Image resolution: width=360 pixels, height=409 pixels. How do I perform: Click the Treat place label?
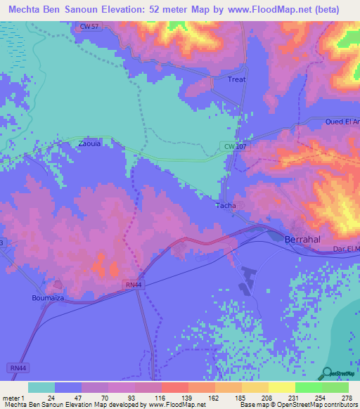(x=237, y=79)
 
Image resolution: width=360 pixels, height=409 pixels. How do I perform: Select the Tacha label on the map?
(x=225, y=206)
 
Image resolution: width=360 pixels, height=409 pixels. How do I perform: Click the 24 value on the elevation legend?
(x=51, y=397)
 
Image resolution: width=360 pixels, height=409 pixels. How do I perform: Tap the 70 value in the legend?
(x=104, y=397)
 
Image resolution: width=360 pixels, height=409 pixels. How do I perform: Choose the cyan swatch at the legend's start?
(x=41, y=387)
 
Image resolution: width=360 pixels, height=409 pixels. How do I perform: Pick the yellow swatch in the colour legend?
(x=281, y=387)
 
